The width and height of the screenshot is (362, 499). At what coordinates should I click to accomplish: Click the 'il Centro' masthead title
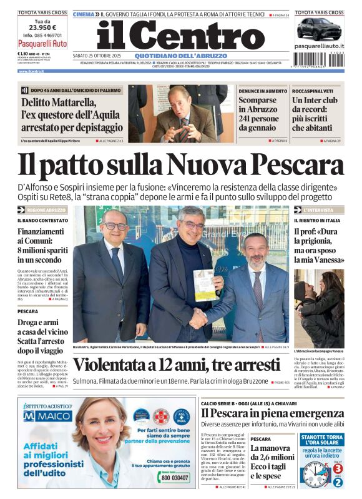pyautogui.click(x=181, y=36)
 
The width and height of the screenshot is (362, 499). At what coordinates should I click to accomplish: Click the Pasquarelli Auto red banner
pyautogui.click(x=42, y=44)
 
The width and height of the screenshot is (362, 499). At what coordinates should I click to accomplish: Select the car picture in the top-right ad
pyautogui.click(x=318, y=29)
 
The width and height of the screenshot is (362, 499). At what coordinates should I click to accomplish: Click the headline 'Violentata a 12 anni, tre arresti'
pyautogui.click(x=177, y=365)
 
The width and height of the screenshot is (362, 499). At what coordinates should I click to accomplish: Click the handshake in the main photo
pyautogui.click(x=198, y=318)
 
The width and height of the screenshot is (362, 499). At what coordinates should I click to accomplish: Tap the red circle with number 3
pyautogui.click(x=338, y=468)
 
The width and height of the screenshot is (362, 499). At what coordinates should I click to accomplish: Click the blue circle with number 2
pyautogui.click(x=338, y=481)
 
